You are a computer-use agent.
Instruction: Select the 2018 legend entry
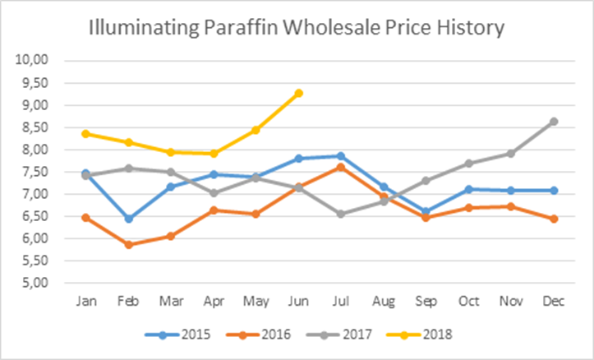click(x=437, y=335)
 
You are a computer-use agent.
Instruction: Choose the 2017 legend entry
click(x=355, y=335)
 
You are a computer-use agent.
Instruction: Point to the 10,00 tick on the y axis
click(x=37, y=61)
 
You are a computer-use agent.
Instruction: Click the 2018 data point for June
click(x=299, y=93)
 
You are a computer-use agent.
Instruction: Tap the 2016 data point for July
click(x=339, y=167)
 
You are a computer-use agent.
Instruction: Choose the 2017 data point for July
click(x=339, y=214)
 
